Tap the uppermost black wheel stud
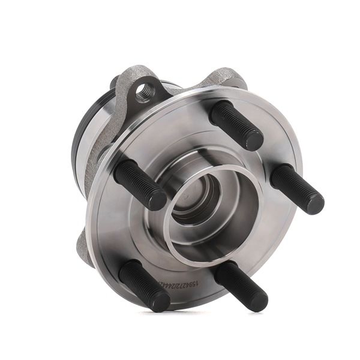(x=236, y=124)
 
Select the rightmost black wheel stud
(x=296, y=188)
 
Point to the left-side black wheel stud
(x=139, y=184)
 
